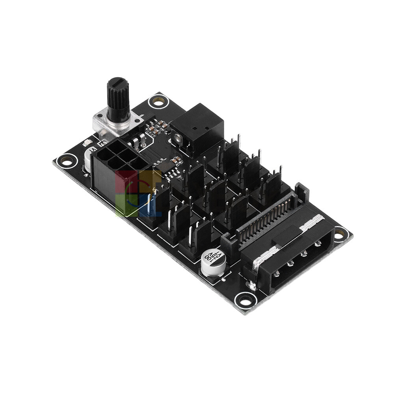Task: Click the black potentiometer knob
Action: [118, 97]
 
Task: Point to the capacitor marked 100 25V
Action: [214, 263]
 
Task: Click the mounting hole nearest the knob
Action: [158, 102]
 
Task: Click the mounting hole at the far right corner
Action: [340, 234]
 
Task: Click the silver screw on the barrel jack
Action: [178, 138]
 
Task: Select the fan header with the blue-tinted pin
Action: [152, 207]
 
